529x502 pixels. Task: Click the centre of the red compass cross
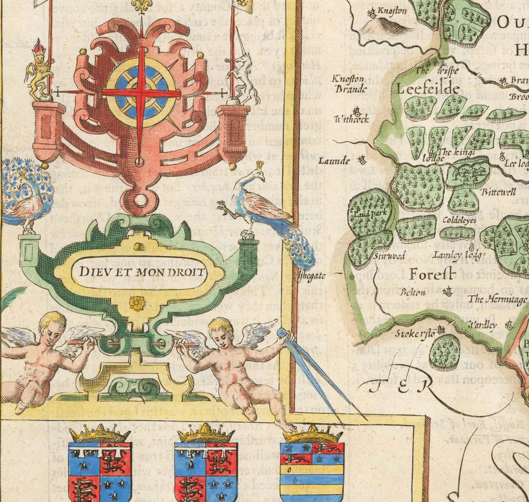[x=141, y=92]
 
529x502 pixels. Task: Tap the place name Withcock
[x=351, y=119]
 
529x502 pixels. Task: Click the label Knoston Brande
[x=349, y=83]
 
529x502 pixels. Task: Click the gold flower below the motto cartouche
[x=138, y=303]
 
